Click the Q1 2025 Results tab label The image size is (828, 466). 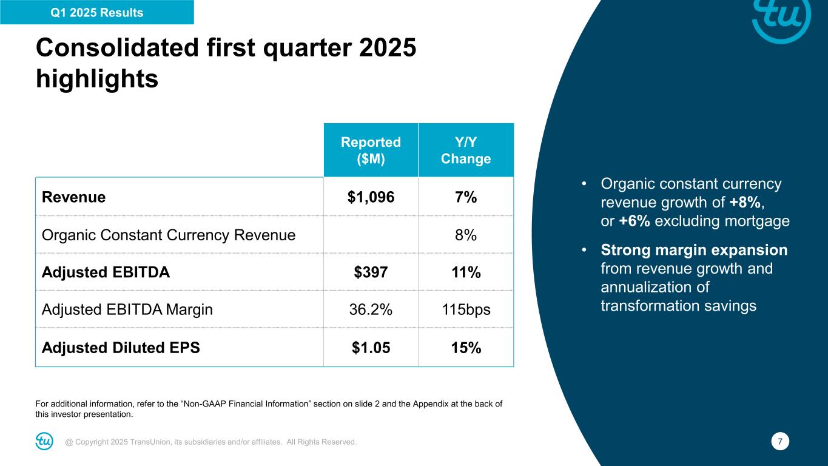point(97,13)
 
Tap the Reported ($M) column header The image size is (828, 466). point(371,150)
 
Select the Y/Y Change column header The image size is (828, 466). point(466,150)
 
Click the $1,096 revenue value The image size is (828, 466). point(371,197)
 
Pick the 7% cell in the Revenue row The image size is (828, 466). point(466,197)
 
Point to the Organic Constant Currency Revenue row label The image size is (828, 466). point(169,235)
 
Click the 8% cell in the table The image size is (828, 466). point(466,235)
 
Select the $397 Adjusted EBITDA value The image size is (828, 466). point(371,272)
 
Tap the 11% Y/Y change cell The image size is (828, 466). point(466,272)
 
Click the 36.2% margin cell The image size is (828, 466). point(371,310)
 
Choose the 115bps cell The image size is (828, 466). point(466,310)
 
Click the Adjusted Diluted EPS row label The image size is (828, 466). point(121,348)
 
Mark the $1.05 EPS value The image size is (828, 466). point(371,348)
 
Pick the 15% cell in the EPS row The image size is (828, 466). point(466,348)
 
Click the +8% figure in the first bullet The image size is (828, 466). point(752,202)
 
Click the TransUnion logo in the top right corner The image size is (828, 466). point(781,19)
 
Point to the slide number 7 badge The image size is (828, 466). point(781,442)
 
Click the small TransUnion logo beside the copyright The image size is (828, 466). point(44,442)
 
